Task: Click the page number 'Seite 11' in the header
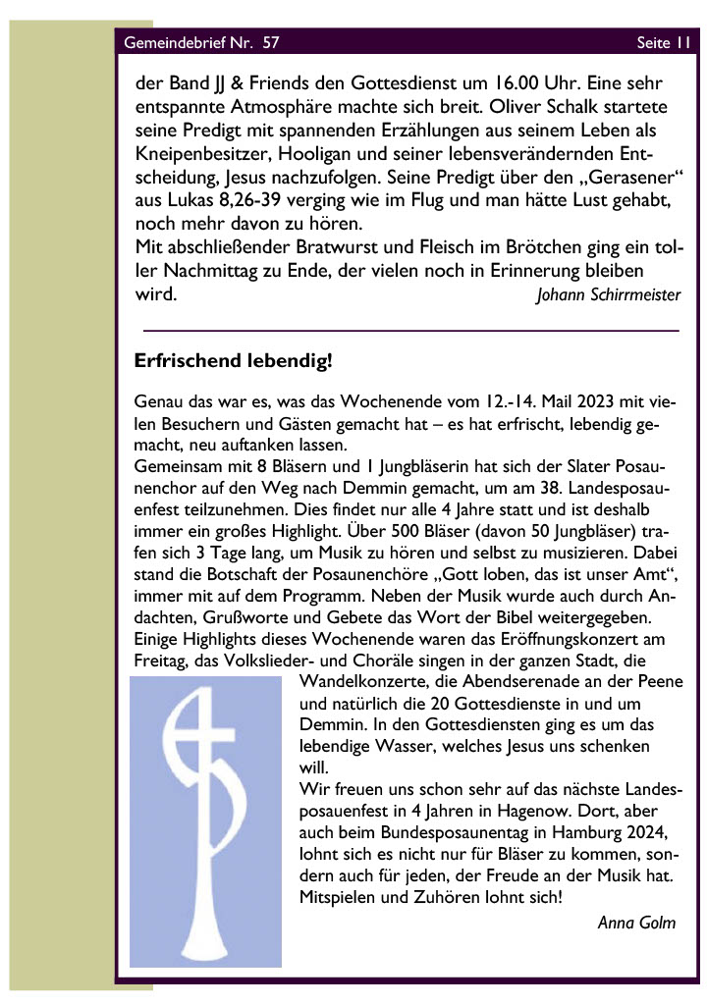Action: pos(664,43)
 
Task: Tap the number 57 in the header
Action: pos(271,43)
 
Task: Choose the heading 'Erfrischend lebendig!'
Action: pos(234,361)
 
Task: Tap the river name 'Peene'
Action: pos(660,681)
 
